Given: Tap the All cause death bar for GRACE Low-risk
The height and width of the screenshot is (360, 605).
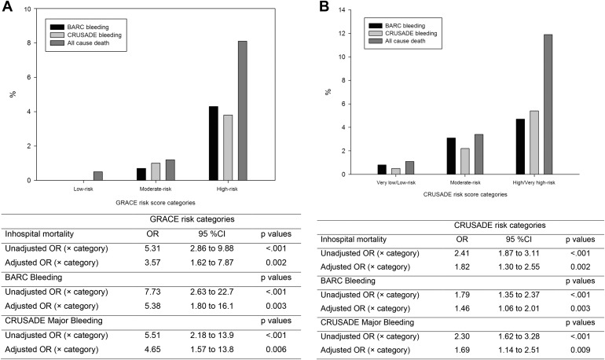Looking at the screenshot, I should click(x=97, y=176).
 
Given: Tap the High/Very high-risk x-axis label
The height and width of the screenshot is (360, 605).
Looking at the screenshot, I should click(x=533, y=182).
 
